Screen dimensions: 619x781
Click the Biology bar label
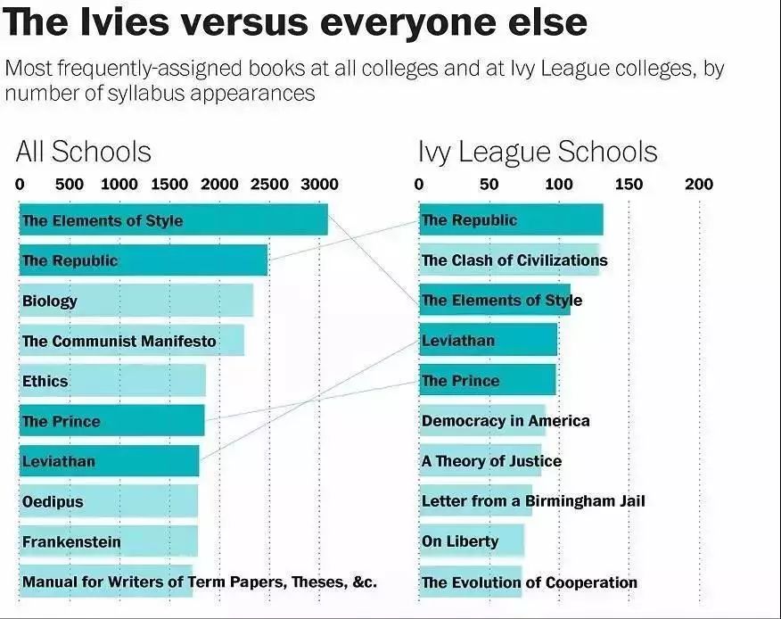50,301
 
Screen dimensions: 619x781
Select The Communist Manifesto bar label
119,341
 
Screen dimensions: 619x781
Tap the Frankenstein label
71,541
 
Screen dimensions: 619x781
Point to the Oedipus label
53,501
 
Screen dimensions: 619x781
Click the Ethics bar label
45,381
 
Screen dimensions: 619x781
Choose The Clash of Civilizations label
514,260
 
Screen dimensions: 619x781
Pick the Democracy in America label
506,420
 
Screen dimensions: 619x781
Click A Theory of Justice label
491,461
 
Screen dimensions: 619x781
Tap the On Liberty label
460,541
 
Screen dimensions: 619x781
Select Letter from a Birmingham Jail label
533,501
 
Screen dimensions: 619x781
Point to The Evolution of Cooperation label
530,582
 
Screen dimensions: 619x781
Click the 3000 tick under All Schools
318,185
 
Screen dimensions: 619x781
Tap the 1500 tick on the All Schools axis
169,185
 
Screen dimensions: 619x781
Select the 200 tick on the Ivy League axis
699,185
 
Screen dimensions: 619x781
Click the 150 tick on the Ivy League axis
629,185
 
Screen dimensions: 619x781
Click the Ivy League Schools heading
538,152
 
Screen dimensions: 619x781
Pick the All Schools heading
84,152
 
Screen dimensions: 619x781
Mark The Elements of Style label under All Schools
102,220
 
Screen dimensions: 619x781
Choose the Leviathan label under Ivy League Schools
458,341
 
